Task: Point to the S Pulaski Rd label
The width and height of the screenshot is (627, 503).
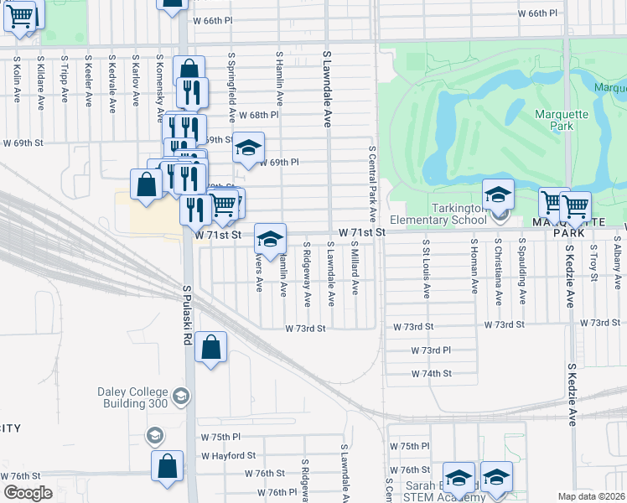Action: click(x=188, y=319)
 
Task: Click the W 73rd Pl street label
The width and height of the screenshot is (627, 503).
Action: click(x=431, y=350)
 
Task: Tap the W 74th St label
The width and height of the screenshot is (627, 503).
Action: click(x=431, y=373)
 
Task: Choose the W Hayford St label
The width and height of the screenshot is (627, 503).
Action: click(x=227, y=455)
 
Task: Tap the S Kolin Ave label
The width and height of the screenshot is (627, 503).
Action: click(x=17, y=80)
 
